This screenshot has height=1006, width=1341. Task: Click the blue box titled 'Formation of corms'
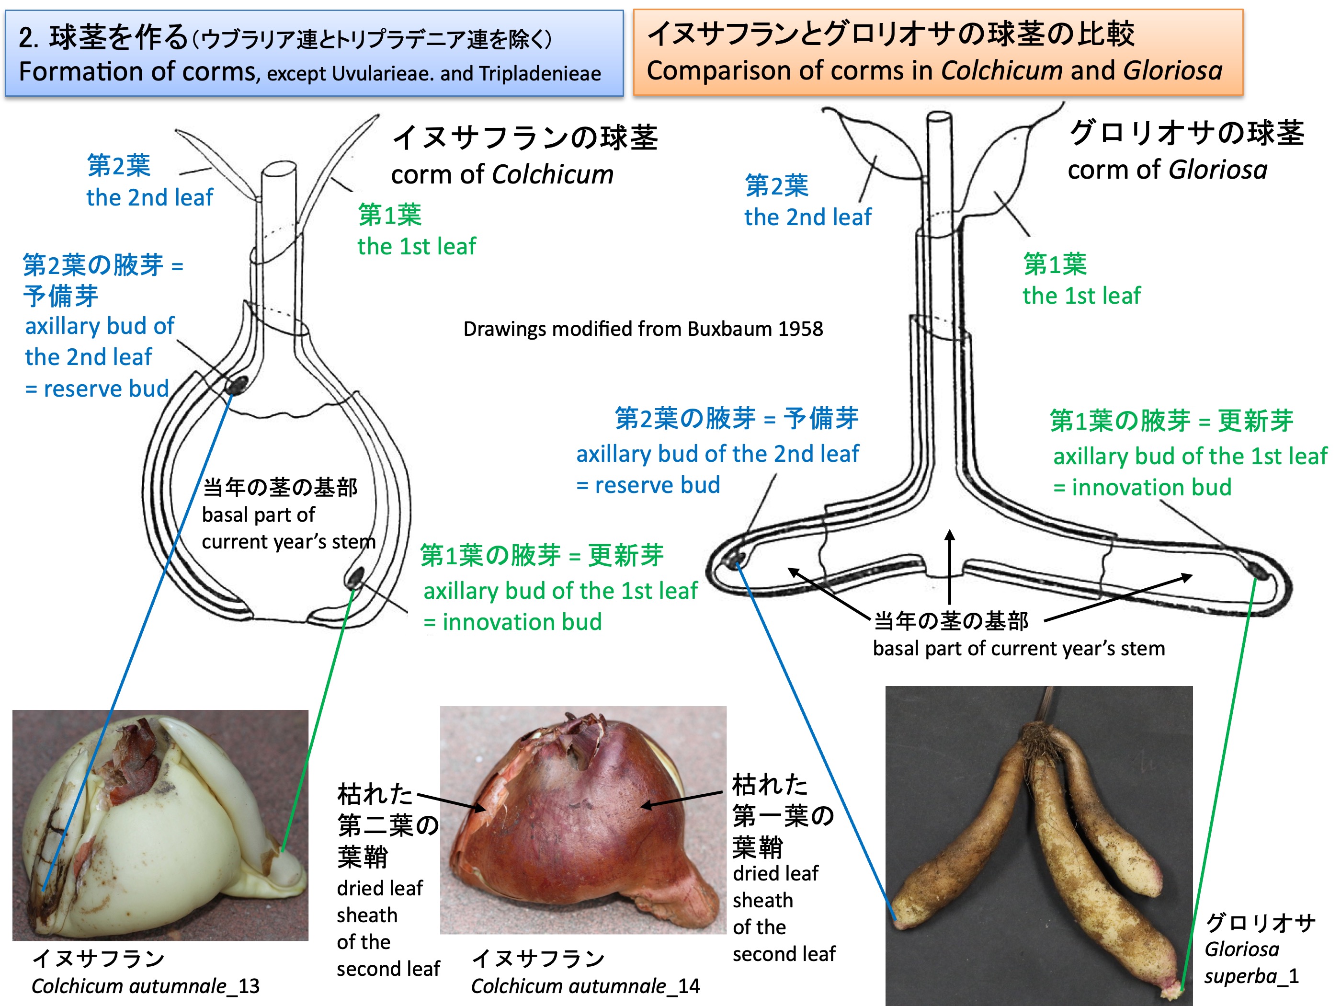pyautogui.click(x=314, y=53)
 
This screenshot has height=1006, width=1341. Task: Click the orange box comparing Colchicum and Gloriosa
pyautogui.click(x=938, y=52)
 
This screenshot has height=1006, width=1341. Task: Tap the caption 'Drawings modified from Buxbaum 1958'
pyautogui.click(x=643, y=329)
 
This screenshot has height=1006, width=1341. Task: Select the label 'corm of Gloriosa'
pyautogui.click(x=1167, y=170)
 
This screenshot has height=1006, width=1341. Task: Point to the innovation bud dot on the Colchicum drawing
pyautogui.click(x=355, y=576)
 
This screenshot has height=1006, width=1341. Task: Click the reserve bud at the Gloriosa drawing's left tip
pyautogui.click(x=735, y=559)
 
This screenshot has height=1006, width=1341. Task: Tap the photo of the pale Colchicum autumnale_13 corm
pyautogui.click(x=160, y=825)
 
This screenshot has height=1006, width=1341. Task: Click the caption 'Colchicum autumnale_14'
pyautogui.click(x=585, y=986)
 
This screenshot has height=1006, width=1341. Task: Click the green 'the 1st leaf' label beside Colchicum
pyautogui.click(x=417, y=246)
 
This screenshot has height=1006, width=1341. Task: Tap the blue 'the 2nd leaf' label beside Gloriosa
pyautogui.click(x=807, y=217)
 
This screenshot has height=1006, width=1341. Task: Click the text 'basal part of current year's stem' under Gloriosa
pyautogui.click(x=1019, y=648)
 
